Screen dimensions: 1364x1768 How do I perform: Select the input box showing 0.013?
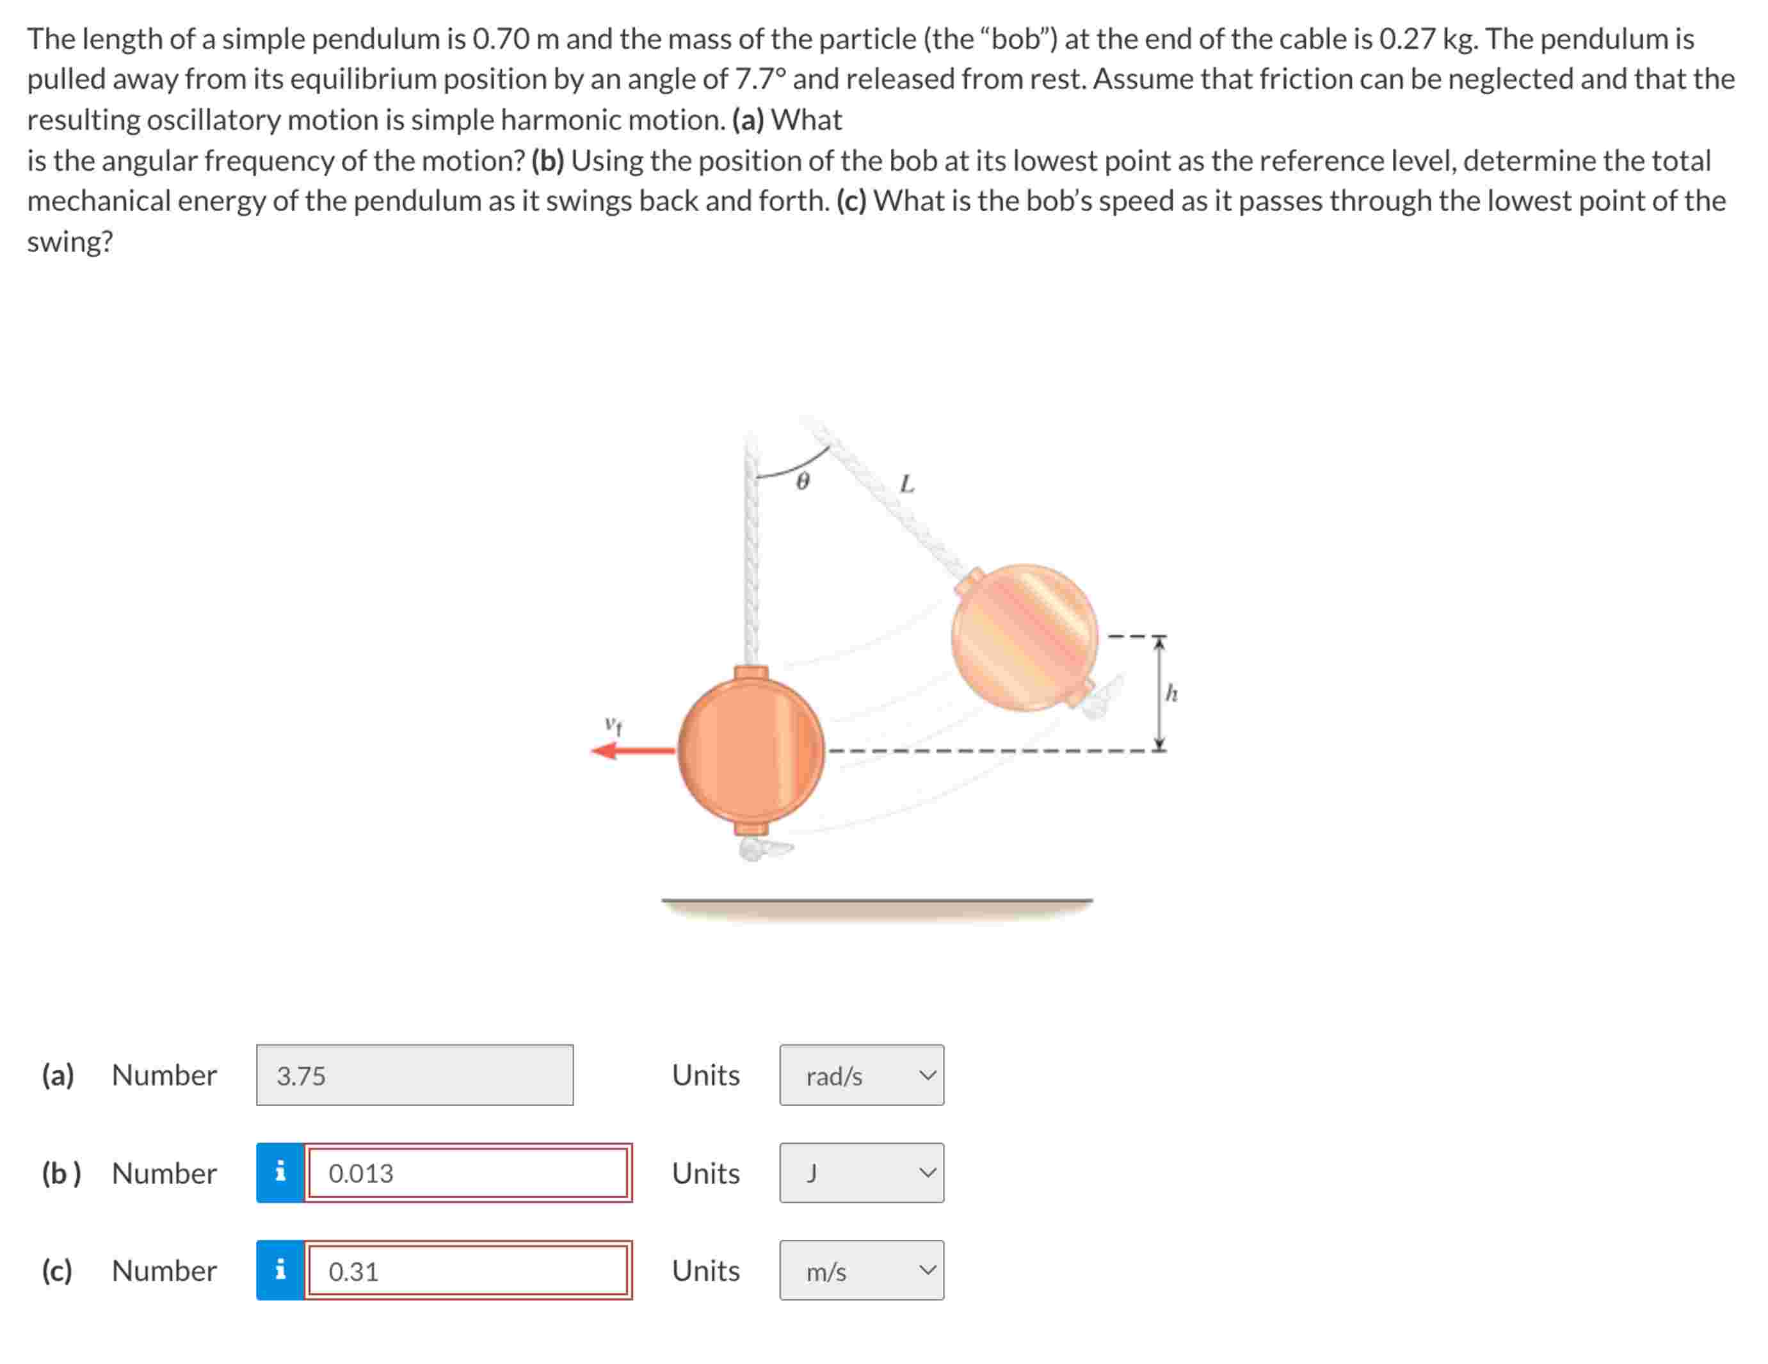[467, 1173]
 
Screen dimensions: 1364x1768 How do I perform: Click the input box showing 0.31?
[467, 1271]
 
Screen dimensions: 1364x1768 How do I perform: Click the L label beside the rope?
[908, 484]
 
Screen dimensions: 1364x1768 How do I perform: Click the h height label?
[1171, 694]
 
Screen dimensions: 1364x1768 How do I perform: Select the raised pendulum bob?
[1024, 638]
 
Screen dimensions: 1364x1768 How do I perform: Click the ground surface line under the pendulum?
[877, 900]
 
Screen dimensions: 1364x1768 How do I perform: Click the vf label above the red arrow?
[614, 725]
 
